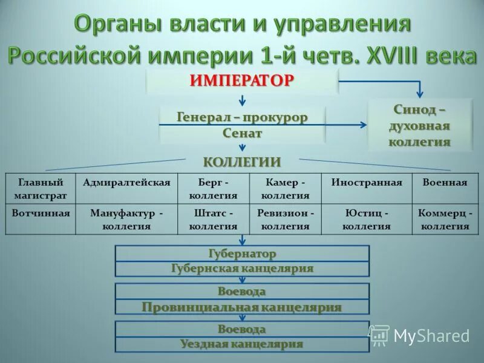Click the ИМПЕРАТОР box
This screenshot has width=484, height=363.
242,80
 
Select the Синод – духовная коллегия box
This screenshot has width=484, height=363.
420,126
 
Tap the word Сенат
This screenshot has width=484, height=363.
242,132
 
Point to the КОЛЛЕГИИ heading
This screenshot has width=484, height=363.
242,162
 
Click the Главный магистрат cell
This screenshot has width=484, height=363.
41,189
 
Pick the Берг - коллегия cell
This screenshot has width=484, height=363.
213,189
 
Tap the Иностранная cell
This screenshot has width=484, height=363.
367,183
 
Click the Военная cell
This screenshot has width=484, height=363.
445,183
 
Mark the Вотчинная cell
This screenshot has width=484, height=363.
41,214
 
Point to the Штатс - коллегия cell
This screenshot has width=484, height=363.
213,220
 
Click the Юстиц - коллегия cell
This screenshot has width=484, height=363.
367,220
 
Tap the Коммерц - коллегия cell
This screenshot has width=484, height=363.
445,220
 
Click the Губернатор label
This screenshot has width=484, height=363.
242,253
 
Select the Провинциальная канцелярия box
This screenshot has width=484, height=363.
242,307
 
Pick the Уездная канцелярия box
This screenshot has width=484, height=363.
242,344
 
